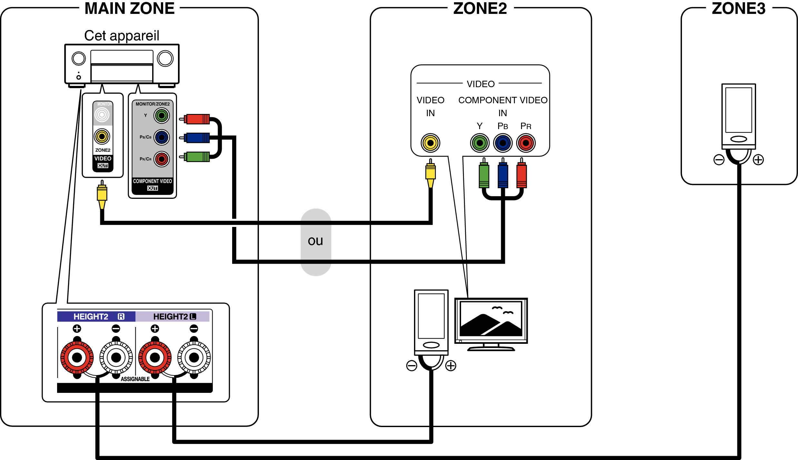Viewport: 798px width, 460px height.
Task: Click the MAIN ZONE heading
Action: point(129,9)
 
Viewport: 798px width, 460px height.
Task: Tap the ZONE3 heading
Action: point(738,9)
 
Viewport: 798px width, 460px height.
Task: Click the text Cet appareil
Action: point(122,36)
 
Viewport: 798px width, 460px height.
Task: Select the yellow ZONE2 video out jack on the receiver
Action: point(102,137)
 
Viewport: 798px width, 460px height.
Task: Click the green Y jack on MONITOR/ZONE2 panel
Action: point(162,116)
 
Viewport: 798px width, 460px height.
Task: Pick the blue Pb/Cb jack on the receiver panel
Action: point(162,138)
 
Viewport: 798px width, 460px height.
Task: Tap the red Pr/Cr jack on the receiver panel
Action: point(162,159)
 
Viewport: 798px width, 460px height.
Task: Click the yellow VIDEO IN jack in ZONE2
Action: point(430,143)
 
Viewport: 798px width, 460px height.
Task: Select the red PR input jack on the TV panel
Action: point(526,143)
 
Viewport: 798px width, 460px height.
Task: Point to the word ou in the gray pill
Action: point(315,241)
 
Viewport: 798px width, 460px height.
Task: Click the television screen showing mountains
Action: point(491,319)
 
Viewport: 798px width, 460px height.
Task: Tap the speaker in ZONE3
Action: point(738,116)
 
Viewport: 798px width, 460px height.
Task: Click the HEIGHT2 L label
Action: point(174,316)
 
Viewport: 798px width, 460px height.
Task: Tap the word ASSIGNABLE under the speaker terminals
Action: point(135,379)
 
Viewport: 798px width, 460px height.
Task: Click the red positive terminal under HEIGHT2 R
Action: point(77,357)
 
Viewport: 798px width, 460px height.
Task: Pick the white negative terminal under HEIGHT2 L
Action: point(194,357)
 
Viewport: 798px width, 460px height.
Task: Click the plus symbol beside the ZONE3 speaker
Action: point(758,160)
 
